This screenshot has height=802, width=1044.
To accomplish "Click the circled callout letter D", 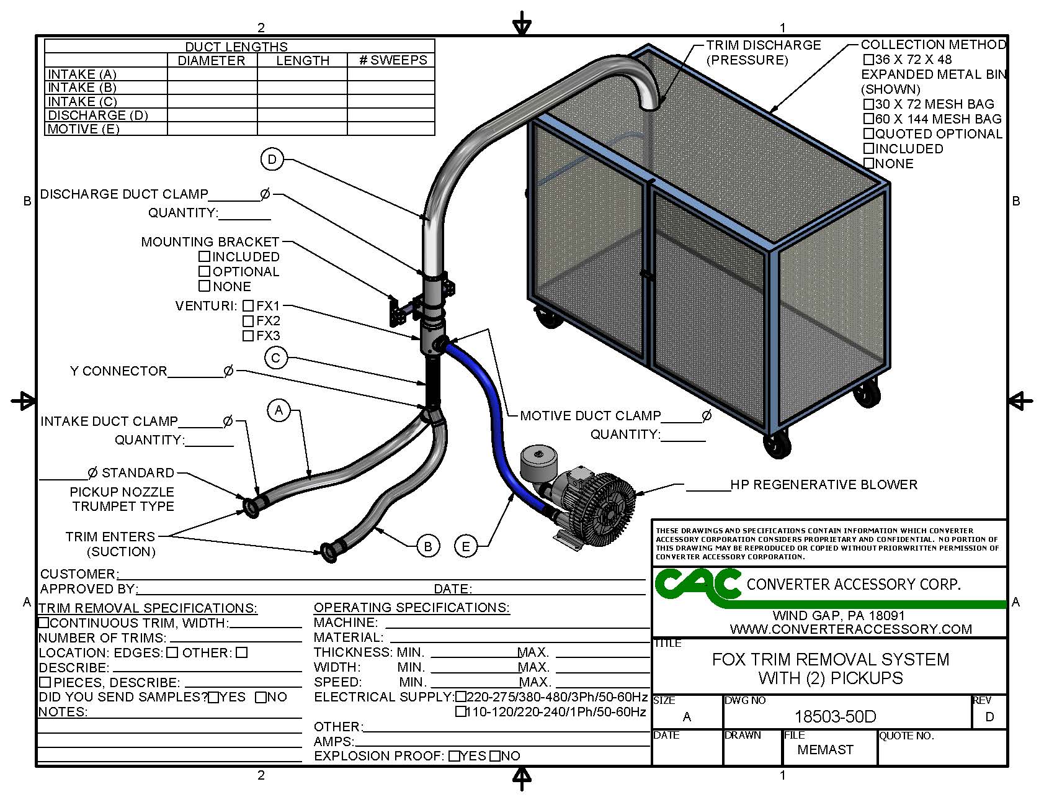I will tap(272, 160).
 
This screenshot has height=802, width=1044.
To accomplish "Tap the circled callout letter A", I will tap(279, 410).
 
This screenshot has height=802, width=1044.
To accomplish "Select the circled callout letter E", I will tap(466, 546).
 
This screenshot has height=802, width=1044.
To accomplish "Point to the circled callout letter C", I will tap(276, 358).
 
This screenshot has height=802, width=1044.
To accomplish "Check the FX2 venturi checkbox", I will tap(248, 321).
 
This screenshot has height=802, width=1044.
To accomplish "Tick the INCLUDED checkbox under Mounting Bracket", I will tap(205, 256).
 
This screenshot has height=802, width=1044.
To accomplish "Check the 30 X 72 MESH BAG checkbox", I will tap(869, 104).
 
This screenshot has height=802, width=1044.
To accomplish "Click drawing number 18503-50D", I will tap(835, 717).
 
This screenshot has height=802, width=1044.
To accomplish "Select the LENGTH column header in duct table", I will tap(303, 60).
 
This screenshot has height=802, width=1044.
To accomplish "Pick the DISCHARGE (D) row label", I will tap(98, 115).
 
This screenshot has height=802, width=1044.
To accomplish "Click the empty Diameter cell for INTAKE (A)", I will tap(212, 74).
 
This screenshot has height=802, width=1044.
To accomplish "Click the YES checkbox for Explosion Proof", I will tap(455, 756).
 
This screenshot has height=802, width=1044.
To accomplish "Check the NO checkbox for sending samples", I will tap(261, 698).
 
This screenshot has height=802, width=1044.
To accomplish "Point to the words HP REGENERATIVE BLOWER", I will tap(823, 485).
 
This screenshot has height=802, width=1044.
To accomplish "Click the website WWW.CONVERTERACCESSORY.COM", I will tap(850, 629).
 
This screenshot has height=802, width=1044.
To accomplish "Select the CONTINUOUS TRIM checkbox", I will tap(44, 623).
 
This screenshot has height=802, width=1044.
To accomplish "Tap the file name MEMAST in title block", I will tap(825, 750).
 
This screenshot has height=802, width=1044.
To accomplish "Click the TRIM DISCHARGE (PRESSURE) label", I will tap(762, 52).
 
